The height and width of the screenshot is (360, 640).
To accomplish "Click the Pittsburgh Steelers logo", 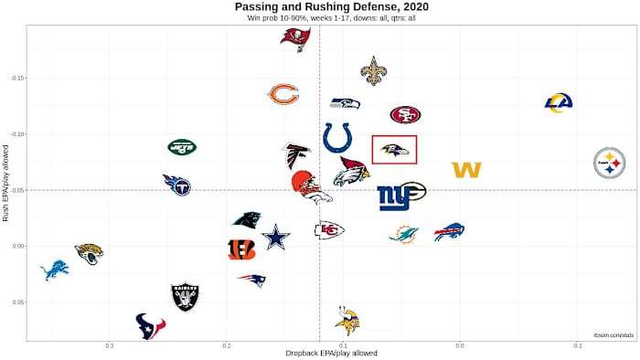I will (609, 163).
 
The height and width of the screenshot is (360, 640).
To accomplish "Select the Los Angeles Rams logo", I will (558, 102).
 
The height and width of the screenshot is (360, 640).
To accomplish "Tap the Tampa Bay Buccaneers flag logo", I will (294, 38).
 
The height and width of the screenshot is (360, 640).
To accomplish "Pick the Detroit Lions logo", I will (54, 270).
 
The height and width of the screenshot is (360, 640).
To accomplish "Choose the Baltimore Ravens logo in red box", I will (394, 149).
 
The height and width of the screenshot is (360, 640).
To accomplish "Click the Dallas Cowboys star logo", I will (275, 238).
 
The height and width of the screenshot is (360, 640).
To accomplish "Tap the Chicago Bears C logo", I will (283, 94).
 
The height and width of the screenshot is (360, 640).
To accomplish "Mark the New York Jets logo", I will (182, 146).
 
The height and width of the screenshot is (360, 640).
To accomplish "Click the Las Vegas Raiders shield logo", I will (185, 296).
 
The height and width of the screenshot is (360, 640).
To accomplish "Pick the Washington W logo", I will (466, 170).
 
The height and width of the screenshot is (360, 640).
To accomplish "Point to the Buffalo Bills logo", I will (449, 231).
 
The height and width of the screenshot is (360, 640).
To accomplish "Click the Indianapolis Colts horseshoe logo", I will (338, 138).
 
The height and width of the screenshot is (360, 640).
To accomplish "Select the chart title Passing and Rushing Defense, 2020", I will (319, 7).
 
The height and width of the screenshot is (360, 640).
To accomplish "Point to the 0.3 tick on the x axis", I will (110, 344).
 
